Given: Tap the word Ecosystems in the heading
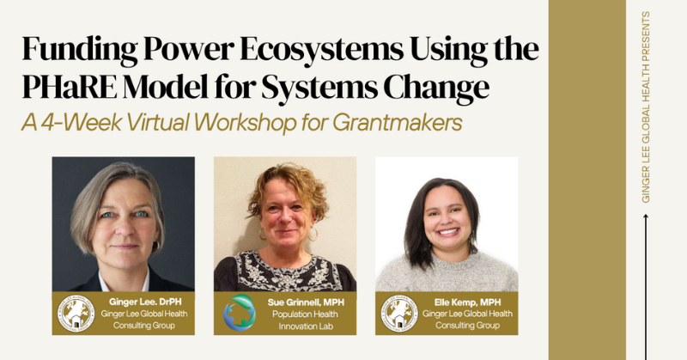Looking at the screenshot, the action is [321, 49].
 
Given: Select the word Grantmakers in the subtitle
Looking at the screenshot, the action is [398, 122].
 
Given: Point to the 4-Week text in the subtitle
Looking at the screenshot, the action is [82, 122].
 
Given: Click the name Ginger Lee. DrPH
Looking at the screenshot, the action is [145, 302].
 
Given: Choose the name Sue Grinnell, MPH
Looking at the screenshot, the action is [306, 302].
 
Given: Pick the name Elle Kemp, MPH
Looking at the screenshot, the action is [467, 302].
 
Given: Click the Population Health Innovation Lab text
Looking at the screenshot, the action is [306, 320].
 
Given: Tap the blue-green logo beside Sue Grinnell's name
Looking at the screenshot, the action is [240, 312].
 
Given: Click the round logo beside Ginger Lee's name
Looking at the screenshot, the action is [76, 313].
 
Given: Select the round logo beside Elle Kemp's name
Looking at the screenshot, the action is [399, 313].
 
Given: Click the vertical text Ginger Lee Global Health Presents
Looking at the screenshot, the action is [646, 107].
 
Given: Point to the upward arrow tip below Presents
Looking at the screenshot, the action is [646, 215].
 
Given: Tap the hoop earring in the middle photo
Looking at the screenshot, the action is [313, 234].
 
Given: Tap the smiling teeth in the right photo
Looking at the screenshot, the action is [448, 230].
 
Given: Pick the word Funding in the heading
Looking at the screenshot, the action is [80, 49].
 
